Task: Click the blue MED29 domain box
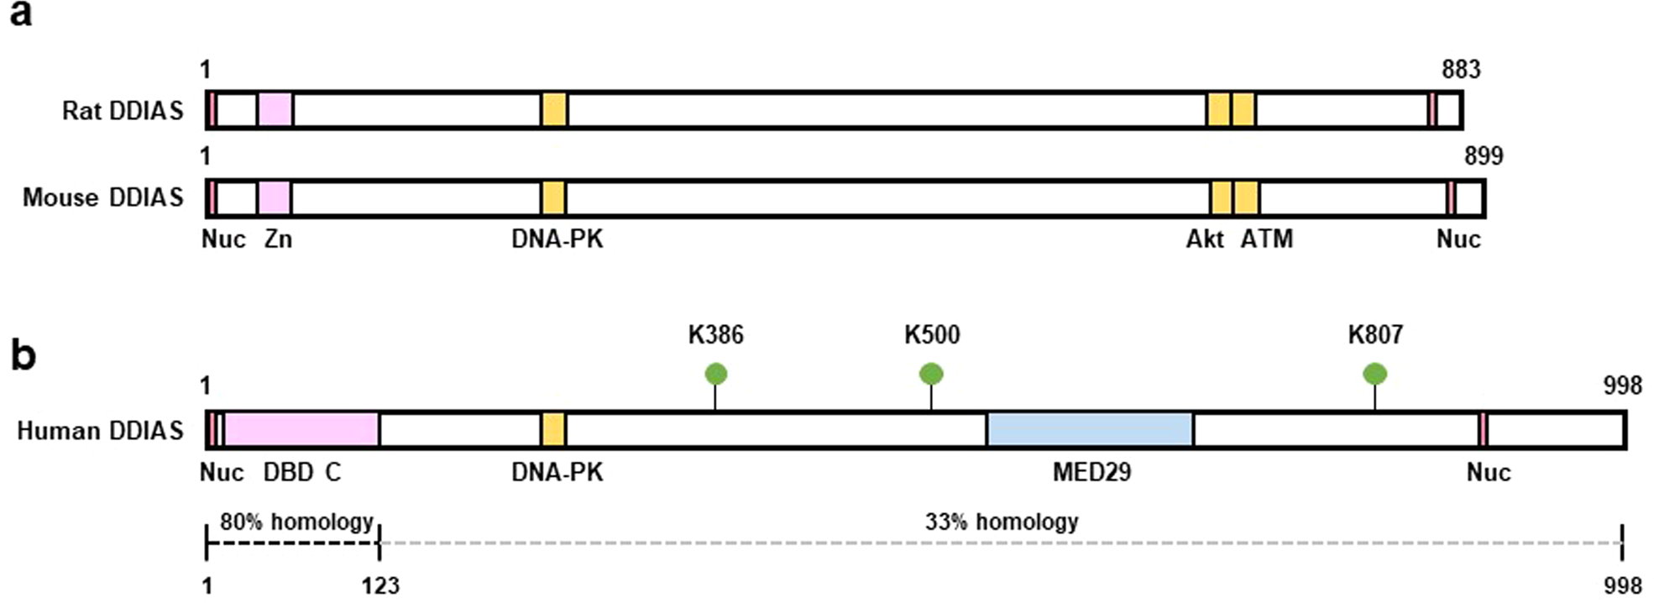click(x=1090, y=429)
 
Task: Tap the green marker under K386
click(x=715, y=374)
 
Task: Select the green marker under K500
click(x=931, y=374)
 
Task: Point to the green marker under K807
click(x=1374, y=374)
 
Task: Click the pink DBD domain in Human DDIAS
click(x=301, y=429)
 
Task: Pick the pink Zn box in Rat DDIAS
click(x=275, y=110)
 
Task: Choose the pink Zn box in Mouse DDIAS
click(x=275, y=197)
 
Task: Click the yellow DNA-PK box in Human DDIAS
click(x=554, y=429)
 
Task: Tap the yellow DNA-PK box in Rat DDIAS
click(x=555, y=110)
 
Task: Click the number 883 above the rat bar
click(x=1461, y=70)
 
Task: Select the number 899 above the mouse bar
click(x=1484, y=156)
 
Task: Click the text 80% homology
click(x=296, y=522)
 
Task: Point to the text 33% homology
click(x=1002, y=522)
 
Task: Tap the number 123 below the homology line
click(x=380, y=585)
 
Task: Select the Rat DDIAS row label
click(x=123, y=111)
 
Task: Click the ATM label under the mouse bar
click(x=1266, y=239)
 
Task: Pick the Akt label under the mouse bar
click(x=1205, y=239)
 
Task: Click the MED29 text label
click(x=1091, y=472)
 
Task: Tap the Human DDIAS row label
click(x=100, y=431)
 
